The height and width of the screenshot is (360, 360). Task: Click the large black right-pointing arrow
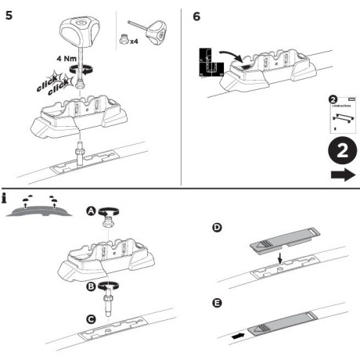(342, 176)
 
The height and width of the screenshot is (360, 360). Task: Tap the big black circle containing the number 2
(341, 149)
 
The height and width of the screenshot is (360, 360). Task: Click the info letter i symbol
(6, 198)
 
